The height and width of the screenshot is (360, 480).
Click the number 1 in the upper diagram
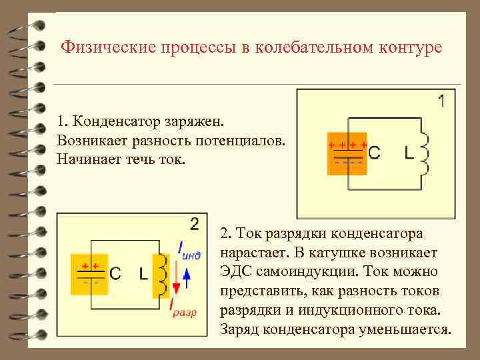443,102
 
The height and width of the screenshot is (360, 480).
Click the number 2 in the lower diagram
195,224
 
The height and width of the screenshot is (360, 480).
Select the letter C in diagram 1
375,153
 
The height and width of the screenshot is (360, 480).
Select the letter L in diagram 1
409,153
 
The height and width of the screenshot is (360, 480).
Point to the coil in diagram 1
423,153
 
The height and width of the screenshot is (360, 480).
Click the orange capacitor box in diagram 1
347,153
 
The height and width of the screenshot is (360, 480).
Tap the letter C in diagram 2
115,273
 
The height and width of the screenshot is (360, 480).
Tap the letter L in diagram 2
143,273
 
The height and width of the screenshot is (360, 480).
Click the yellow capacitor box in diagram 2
90,273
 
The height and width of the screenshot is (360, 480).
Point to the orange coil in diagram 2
161,275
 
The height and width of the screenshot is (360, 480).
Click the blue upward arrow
187,275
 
